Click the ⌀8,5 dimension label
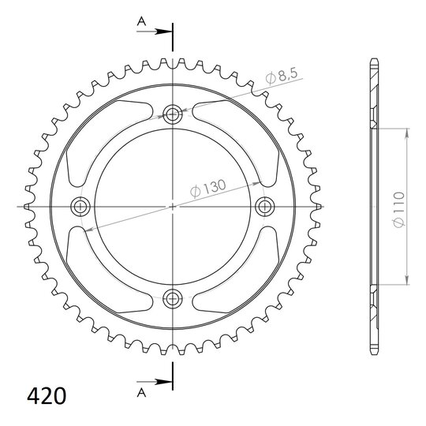pos(282,77)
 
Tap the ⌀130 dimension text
pos(208,188)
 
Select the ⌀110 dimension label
pos(399,209)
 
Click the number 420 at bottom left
pos(47,396)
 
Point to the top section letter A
pos(141,21)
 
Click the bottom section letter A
pos(141,392)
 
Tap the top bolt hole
pos(173,114)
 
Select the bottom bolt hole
pos(173,298)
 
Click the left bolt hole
pos(80,207)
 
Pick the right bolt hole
pos(265,207)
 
